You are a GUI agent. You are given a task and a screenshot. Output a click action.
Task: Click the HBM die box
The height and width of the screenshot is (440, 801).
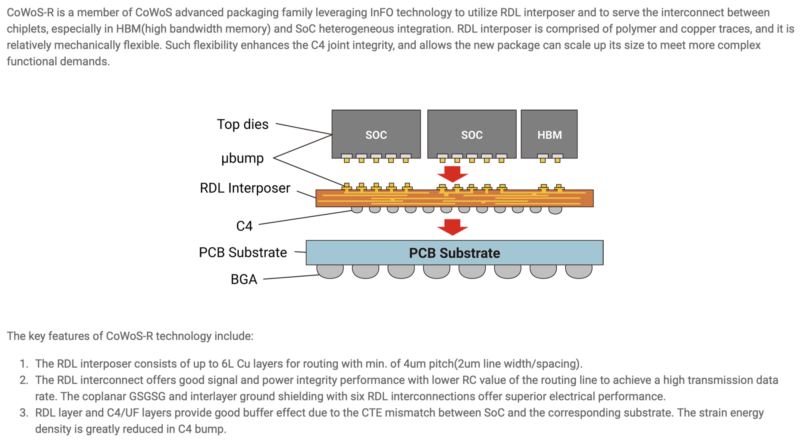pos(549,134)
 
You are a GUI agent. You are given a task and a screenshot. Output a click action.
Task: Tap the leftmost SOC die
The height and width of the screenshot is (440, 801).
pos(376,134)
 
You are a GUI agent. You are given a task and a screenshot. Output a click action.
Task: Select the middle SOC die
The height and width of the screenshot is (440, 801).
pos(472,134)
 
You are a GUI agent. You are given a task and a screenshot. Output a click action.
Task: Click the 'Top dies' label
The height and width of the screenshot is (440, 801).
pos(243,124)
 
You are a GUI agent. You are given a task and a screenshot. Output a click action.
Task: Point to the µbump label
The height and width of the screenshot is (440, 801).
pos(243,158)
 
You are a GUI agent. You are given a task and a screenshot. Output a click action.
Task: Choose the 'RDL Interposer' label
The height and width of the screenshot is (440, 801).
pos(245,188)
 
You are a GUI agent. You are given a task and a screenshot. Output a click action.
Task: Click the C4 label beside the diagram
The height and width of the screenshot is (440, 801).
pos(244,226)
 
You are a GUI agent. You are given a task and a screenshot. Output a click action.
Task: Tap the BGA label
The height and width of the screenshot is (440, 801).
pos(244,279)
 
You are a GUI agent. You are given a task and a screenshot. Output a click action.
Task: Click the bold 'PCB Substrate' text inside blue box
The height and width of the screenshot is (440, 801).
pos(454,253)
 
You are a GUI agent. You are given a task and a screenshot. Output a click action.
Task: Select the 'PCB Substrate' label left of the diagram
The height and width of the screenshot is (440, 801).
pos(243,252)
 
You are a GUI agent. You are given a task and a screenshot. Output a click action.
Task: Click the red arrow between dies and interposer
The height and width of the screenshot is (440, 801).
pos(453,174)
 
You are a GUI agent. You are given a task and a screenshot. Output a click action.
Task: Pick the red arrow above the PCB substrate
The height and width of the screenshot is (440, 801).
pos(453,227)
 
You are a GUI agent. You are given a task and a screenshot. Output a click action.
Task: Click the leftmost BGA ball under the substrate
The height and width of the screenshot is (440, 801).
pos(330,271)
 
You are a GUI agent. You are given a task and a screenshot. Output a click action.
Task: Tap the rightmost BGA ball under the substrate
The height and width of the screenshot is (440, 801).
pos(579,271)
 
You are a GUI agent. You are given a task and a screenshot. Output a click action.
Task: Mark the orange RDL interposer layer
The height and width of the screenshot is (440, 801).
pos(454,198)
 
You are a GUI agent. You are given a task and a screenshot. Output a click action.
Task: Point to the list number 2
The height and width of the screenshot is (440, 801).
pos(24,380)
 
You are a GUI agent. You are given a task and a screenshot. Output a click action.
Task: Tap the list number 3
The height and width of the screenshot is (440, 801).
pos(24,413)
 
